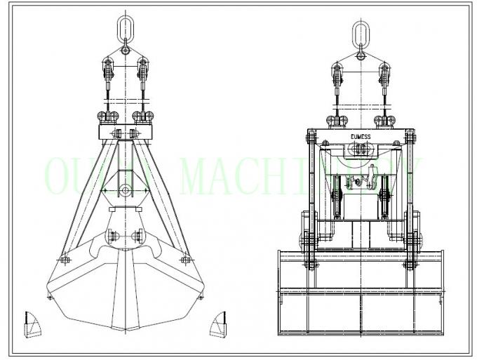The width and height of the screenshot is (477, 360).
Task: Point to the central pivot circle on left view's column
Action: pyautogui.click(x=123, y=190)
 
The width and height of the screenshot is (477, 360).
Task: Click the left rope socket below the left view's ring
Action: pyautogui.click(x=107, y=71)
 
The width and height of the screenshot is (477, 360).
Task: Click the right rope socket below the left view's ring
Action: pyautogui.click(x=142, y=71)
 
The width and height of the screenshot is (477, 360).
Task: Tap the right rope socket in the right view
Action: pyautogui.click(x=384, y=73)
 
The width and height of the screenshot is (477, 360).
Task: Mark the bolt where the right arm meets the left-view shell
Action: pyautogui.click(x=185, y=260)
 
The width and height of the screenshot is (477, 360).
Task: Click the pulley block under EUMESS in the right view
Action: pyautogui.click(x=360, y=148)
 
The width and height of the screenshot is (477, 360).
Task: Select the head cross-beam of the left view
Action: pyautogui.click(x=123, y=132)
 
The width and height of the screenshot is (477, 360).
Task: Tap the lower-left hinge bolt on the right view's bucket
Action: pyautogui.click(x=309, y=265)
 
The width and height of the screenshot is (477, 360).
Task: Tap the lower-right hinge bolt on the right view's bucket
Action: pyautogui.click(x=408, y=265)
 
